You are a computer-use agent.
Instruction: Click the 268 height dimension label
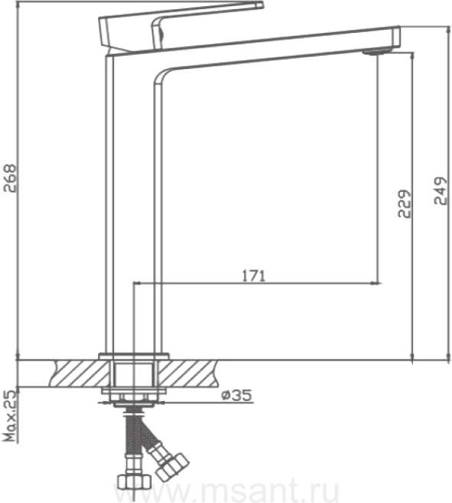point(10,178)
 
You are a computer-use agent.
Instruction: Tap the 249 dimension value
point(441,191)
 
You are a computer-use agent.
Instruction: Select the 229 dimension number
point(405,204)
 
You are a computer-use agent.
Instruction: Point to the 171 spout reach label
point(254,276)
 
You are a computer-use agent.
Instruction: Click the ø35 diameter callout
point(237,395)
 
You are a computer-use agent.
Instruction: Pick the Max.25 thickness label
point(10,416)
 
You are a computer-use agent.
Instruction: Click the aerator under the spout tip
point(378,51)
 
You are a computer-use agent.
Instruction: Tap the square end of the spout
point(396,38)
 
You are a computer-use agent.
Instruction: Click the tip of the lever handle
point(260,5)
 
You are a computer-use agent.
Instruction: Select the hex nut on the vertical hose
point(134,481)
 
